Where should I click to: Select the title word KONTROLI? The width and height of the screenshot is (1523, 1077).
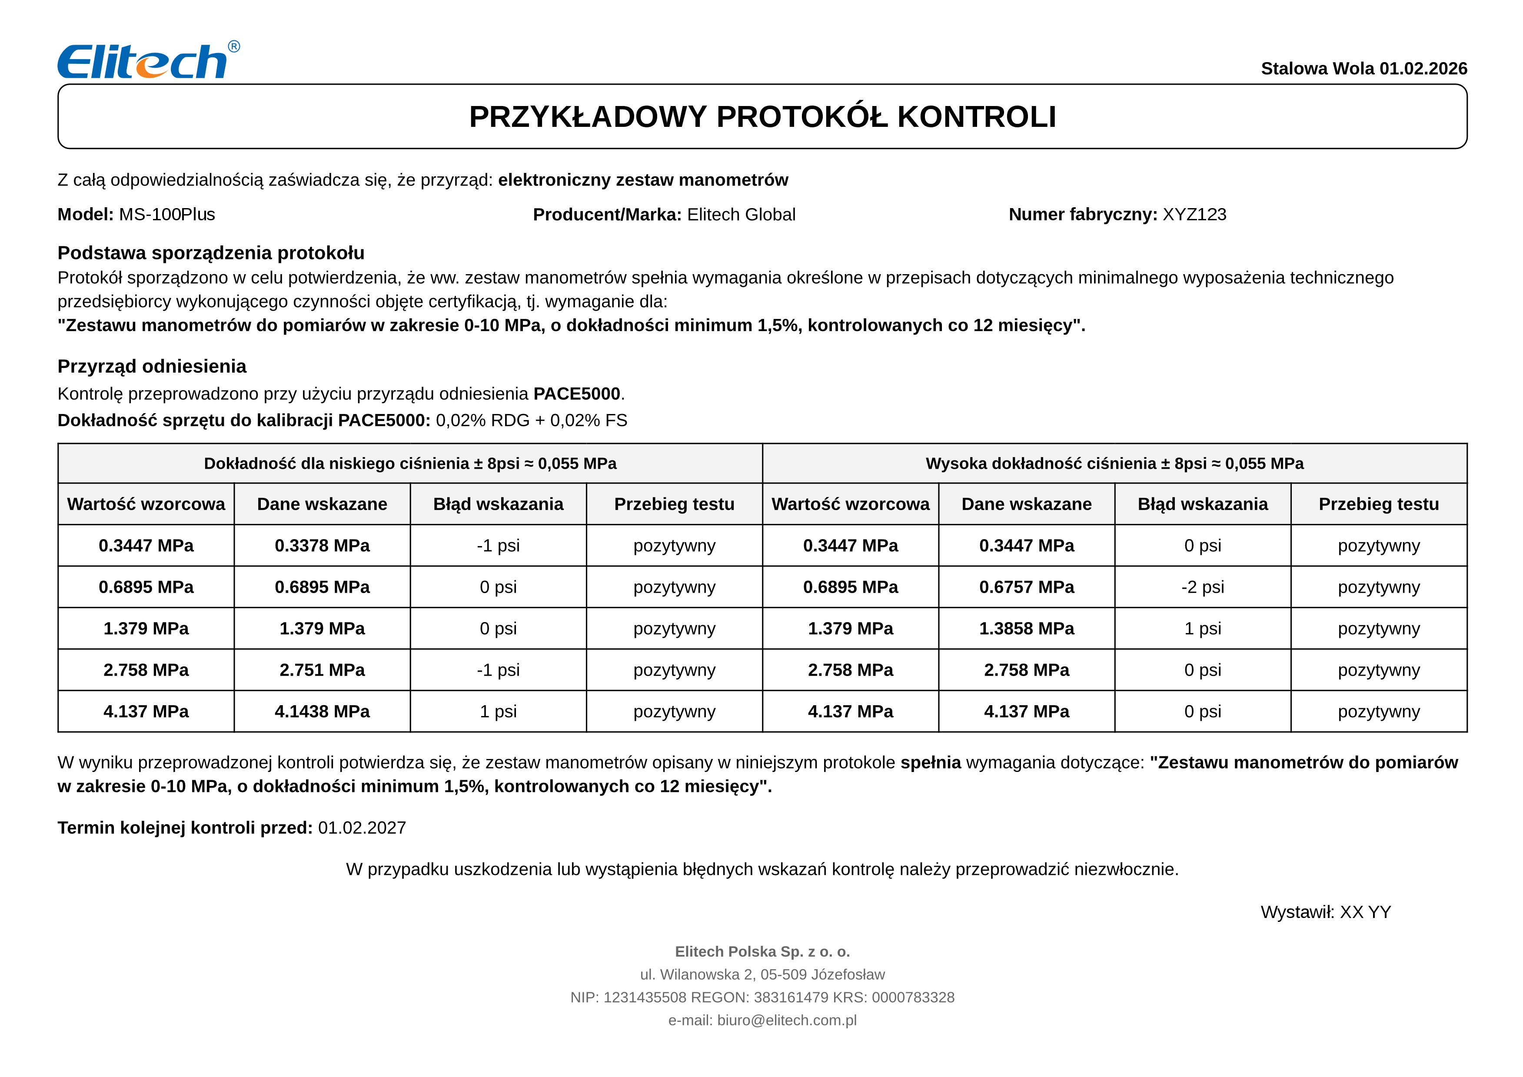pos(976,117)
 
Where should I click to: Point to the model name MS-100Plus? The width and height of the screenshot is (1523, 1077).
pos(167,215)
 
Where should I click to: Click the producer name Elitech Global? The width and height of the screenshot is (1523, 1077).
pos(741,215)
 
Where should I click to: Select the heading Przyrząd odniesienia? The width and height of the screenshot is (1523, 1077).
pos(152,366)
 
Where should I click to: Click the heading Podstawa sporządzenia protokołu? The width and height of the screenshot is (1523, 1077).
pos(211,253)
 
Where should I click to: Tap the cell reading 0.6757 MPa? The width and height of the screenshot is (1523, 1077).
pos(1026,587)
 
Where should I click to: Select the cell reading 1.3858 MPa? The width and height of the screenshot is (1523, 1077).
pos(1026,629)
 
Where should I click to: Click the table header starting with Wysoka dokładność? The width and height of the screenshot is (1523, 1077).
pos(1114,464)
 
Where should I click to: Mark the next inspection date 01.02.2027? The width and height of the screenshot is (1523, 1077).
pos(362,828)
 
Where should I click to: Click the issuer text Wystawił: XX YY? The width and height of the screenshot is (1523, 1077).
pos(1325,912)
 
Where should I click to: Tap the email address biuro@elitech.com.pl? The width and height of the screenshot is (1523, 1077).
pos(787,1021)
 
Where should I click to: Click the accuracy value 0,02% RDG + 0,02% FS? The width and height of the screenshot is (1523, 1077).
pos(531,421)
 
